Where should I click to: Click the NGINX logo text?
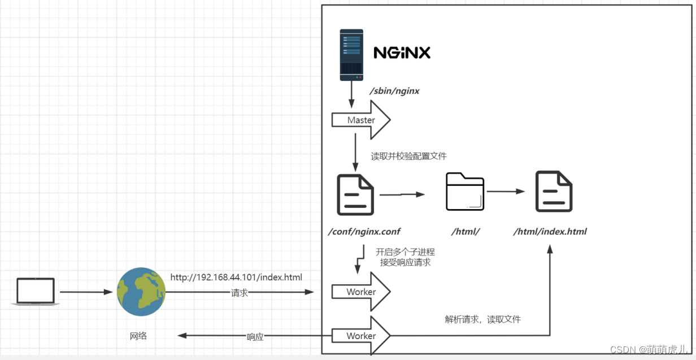[x=402, y=53]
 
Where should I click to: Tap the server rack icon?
[x=351, y=55]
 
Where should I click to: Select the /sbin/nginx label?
[x=394, y=90]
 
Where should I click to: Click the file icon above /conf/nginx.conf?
[x=355, y=195]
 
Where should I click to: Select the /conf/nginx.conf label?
[x=364, y=231]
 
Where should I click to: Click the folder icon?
[x=465, y=192]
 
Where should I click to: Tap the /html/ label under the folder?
[x=465, y=231]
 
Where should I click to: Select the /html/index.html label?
[x=550, y=231]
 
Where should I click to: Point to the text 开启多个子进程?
[x=405, y=252]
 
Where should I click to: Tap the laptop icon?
[x=36, y=292]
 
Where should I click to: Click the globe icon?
[x=141, y=292]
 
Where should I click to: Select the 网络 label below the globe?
[x=138, y=336]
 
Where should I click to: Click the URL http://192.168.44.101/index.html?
[x=236, y=277]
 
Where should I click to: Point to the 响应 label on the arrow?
[x=255, y=337]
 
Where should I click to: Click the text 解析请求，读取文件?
[x=482, y=319]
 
